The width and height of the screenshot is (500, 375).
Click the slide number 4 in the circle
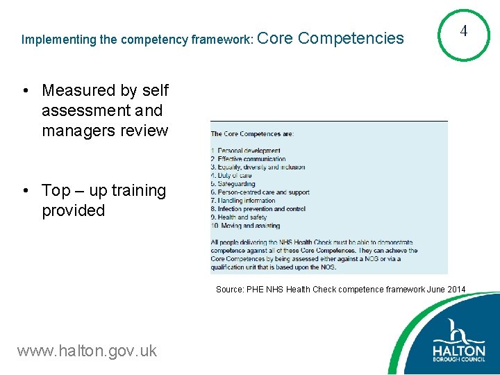(x=464, y=31)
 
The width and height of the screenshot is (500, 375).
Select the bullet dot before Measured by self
(x=24, y=91)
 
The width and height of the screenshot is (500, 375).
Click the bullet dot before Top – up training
(x=24, y=191)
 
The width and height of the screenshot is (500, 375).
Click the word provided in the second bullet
(x=73, y=210)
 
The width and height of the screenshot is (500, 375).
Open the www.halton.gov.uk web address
(x=87, y=351)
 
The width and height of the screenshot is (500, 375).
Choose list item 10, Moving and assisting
(x=245, y=226)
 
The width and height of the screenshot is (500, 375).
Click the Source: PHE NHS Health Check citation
(x=340, y=289)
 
